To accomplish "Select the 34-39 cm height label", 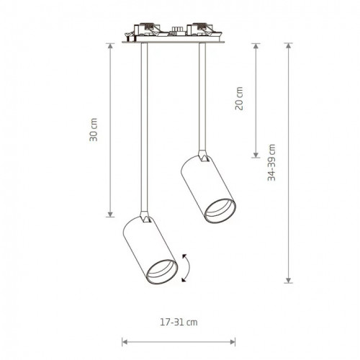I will (271, 163).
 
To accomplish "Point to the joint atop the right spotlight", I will (202, 156).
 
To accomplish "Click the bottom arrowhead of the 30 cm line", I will (110, 215).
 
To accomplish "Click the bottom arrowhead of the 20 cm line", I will (256, 156).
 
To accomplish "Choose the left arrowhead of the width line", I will (124, 342).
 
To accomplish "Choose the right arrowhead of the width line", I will (235, 342).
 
